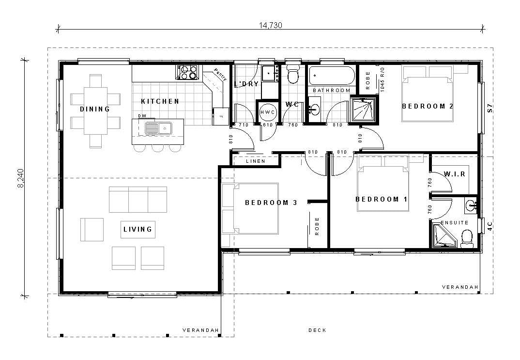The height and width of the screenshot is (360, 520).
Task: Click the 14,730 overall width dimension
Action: (270, 26)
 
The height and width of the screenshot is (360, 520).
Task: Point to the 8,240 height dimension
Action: (20, 178)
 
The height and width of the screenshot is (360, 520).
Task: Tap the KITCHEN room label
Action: (160, 101)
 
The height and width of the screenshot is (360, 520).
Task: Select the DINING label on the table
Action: (95, 109)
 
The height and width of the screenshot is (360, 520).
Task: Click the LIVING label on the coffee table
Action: (138, 229)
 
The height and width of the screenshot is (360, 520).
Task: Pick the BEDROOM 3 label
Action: (271, 203)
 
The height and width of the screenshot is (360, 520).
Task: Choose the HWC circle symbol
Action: (267, 112)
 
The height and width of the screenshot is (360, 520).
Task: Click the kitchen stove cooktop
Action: (187, 72)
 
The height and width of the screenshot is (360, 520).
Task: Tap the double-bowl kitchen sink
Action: (158, 128)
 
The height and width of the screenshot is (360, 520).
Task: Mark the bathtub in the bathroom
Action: (332, 76)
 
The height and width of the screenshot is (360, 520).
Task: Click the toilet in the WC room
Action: (292, 74)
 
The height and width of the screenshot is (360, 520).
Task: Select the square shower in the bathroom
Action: (363, 110)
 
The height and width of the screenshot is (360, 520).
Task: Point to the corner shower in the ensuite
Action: (444, 235)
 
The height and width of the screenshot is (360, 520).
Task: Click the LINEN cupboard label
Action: (255, 161)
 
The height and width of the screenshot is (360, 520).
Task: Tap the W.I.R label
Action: (454, 174)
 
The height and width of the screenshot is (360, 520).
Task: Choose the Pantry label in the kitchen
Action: (220, 74)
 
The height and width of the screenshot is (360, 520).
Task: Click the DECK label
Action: (317, 330)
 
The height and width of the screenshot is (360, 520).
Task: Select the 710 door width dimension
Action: (244, 125)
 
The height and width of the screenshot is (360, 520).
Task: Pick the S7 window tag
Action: (490, 108)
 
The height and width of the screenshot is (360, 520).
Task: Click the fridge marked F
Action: (220, 116)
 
